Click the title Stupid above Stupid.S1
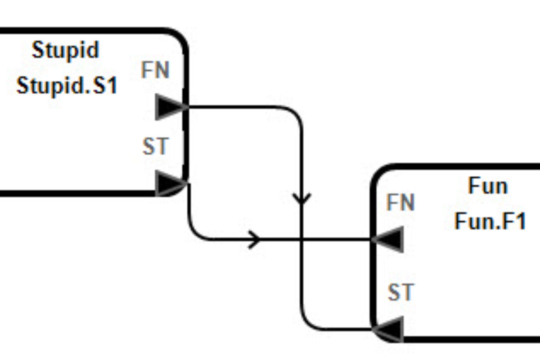coord(65,50)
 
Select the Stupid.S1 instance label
coord(67,85)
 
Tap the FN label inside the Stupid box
coord(155,71)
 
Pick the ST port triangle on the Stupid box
coord(170,184)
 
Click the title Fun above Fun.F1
coord(488,185)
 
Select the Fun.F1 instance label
coord(490,221)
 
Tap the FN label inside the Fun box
coord(400,203)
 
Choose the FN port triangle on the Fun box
coord(388,239)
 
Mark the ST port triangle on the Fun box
coord(388,328)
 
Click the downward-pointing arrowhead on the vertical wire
coord(301,198)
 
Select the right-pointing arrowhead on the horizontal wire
coord(255,239)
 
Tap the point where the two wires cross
coord(301,239)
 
